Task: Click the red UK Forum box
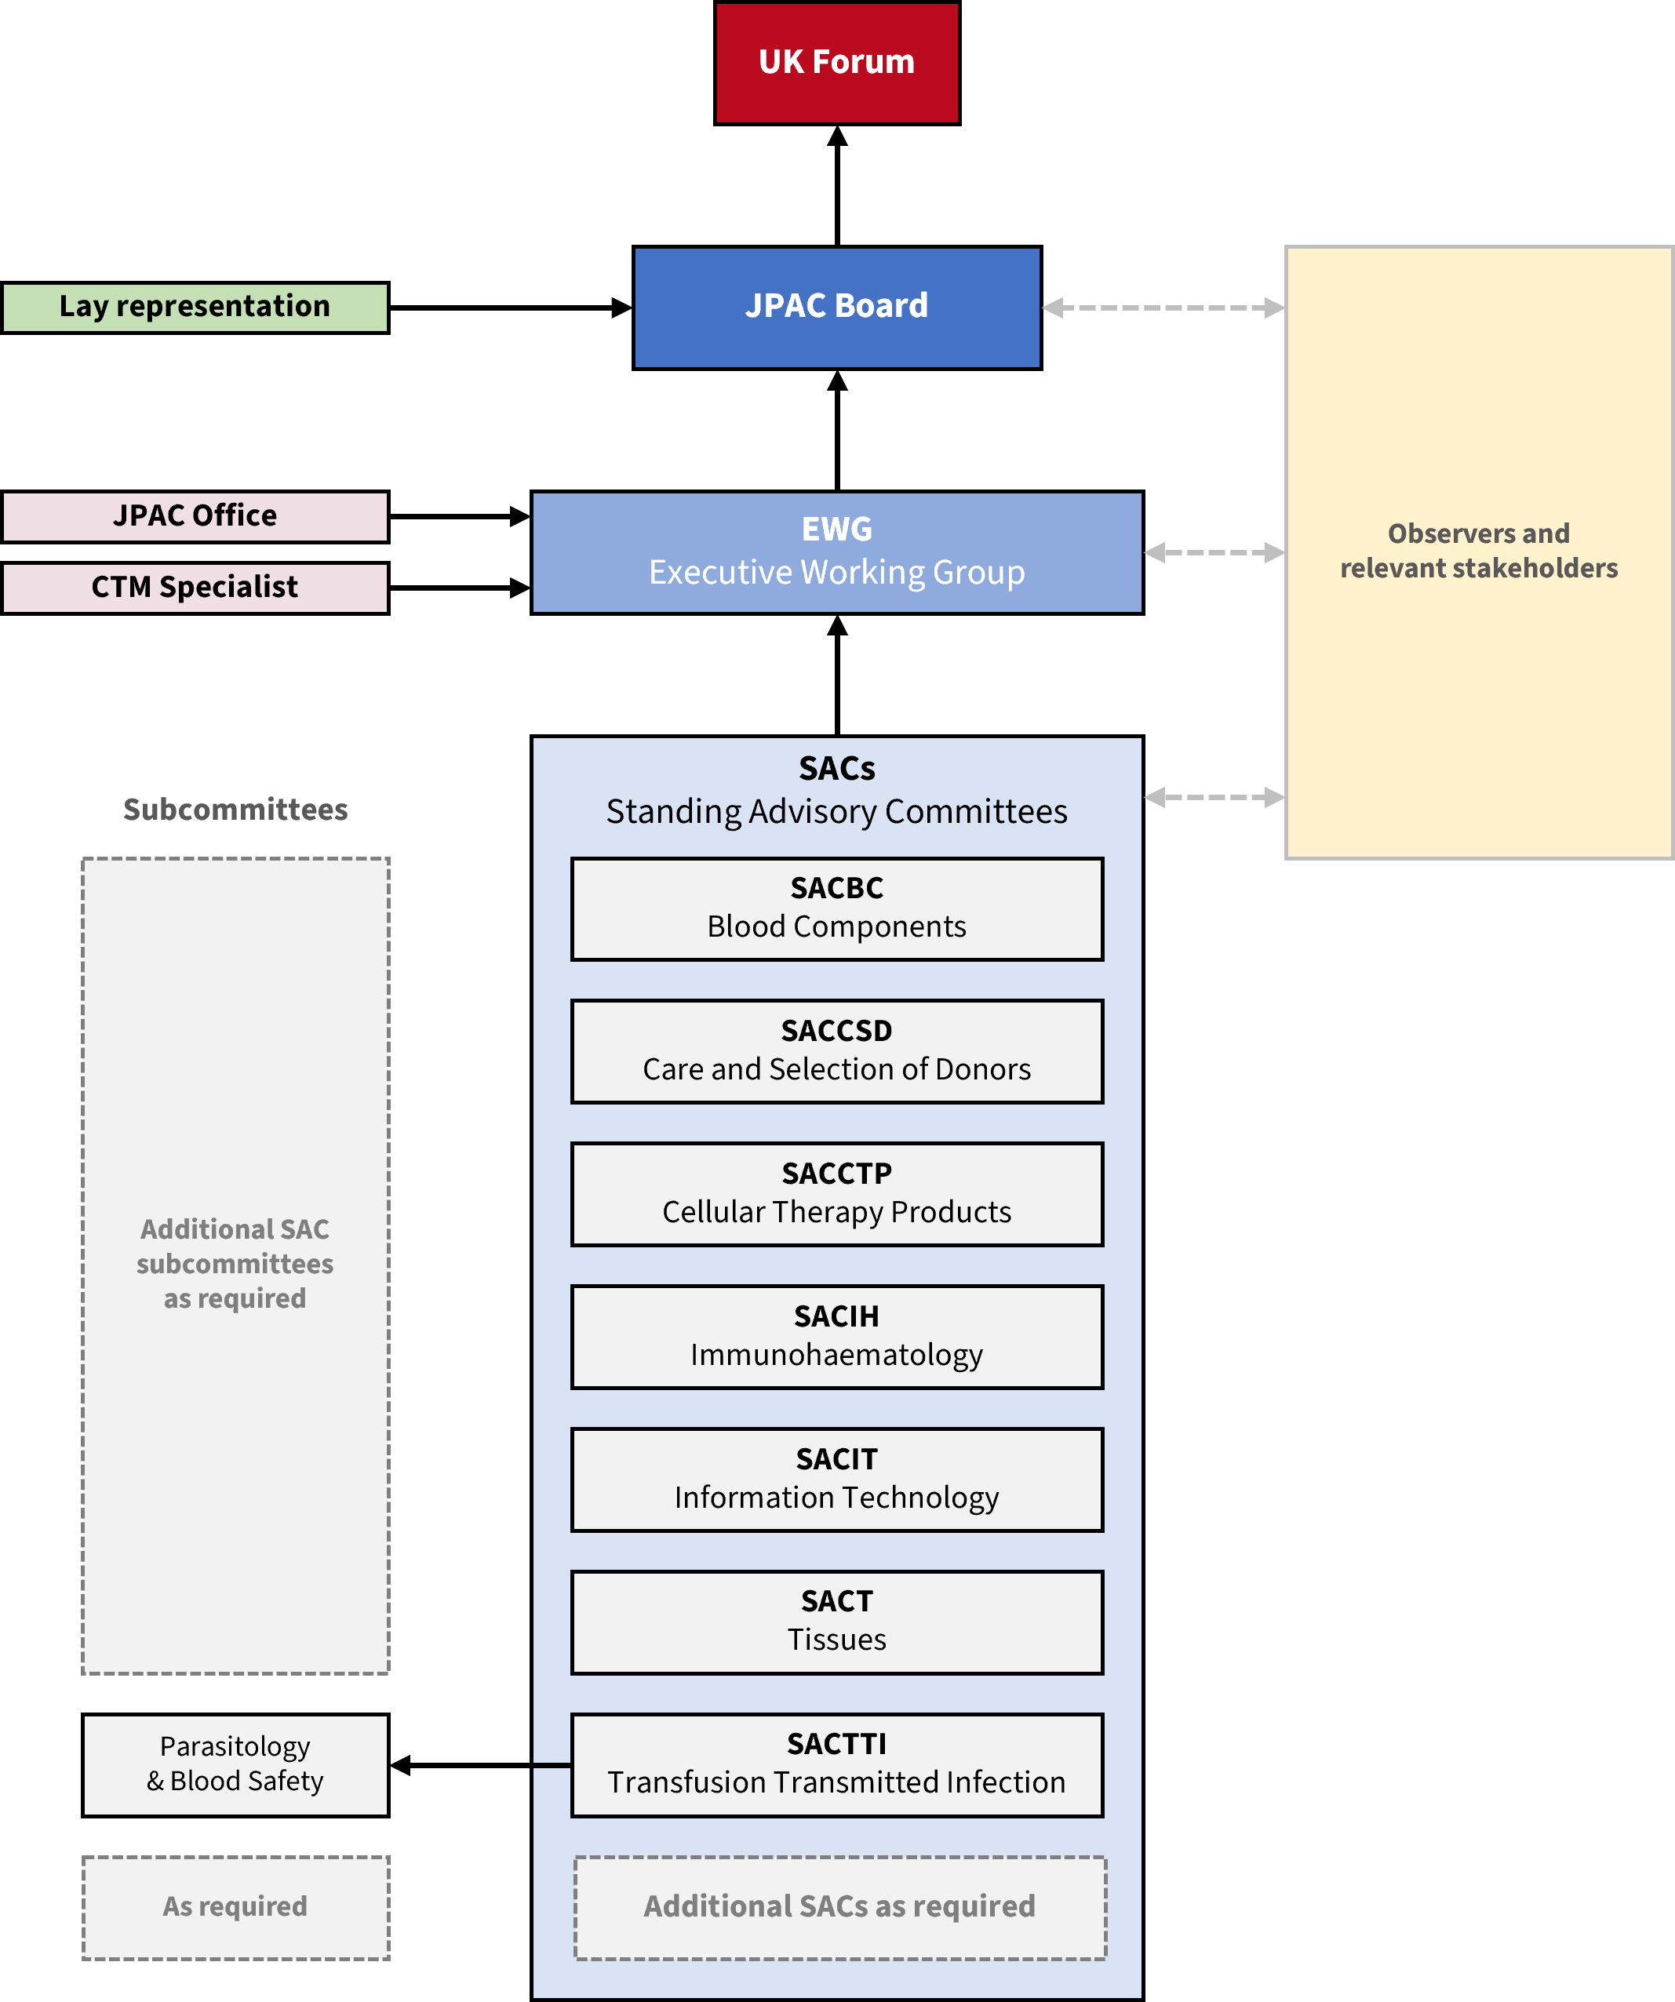tap(836, 63)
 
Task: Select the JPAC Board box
tap(836, 307)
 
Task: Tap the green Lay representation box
tap(195, 307)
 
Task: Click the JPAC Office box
tap(195, 515)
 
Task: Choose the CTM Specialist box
tap(195, 588)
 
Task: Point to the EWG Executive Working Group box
tap(836, 552)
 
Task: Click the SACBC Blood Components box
tap(836, 908)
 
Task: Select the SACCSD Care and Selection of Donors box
tap(836, 1050)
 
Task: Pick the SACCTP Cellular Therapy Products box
tap(836, 1193)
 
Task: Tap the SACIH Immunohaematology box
tap(836, 1337)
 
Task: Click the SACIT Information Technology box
tap(836, 1480)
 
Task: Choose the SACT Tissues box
tap(836, 1622)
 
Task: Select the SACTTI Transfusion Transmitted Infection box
tap(836, 1764)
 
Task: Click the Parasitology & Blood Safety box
tap(235, 1764)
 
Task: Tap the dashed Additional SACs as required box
tap(839, 1906)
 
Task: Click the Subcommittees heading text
tap(235, 810)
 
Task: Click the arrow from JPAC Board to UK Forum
tap(837, 186)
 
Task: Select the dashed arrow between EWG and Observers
tap(1214, 552)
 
